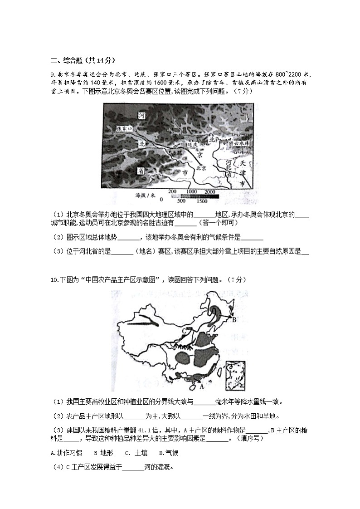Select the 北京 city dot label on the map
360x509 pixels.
point(201,168)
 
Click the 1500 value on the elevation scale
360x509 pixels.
point(202,201)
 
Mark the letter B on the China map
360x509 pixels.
point(234,320)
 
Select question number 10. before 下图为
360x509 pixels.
point(54,279)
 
